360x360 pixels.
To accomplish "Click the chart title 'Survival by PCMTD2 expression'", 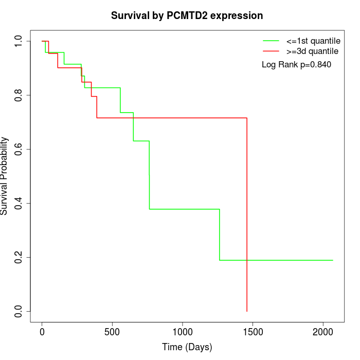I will pos(187,15).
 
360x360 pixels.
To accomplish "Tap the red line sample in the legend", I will pos(271,51).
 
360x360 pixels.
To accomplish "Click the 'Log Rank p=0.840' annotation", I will pos(296,65).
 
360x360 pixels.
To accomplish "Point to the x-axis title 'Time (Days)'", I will pos(187,347).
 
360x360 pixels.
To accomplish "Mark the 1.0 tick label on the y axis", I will pos(19,41).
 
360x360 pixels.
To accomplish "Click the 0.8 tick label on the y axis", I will pos(19,95).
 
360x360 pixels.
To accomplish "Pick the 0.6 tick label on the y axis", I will pos(19,149).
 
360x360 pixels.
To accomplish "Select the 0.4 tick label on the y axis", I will pos(19,203).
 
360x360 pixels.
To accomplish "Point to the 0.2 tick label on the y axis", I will pos(19,257).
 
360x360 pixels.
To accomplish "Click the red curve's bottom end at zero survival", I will pos(247,311).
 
